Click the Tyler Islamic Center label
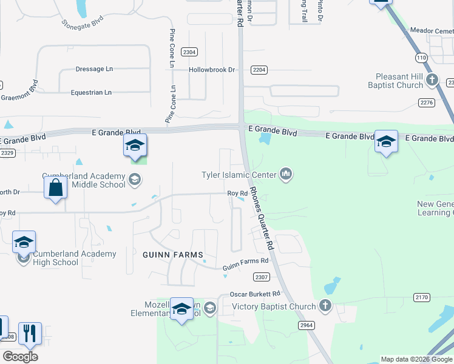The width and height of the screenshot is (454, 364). [x=239, y=175]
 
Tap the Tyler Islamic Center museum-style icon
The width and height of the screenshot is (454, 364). [x=286, y=175]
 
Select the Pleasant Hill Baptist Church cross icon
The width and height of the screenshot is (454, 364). [x=432, y=79]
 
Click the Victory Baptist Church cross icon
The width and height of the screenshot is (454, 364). [x=325, y=306]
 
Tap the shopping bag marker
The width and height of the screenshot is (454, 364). [x=55, y=188]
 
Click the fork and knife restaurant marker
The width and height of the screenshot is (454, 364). [x=30, y=334]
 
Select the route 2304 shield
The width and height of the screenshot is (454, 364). [x=189, y=52]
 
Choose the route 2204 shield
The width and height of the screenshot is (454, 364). [x=259, y=70]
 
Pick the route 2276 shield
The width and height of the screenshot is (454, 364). [x=427, y=103]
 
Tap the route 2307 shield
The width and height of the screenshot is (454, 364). [x=261, y=277]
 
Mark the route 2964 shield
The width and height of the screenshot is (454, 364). [x=307, y=325]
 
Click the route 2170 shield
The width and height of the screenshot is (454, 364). [x=421, y=297]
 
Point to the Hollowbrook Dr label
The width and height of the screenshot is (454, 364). [x=211, y=70]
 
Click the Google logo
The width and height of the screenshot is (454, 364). [x=20, y=356]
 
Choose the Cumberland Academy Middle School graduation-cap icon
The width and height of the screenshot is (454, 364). [x=134, y=179]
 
